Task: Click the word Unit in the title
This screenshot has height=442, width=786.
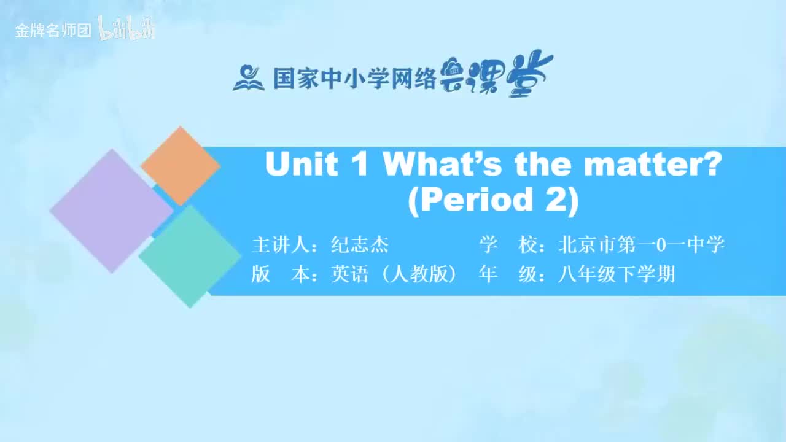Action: coord(301,165)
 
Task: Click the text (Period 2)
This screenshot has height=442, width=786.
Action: coord(493,200)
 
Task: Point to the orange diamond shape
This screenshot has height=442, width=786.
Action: coord(180,166)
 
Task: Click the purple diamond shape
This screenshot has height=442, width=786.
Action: coord(111,211)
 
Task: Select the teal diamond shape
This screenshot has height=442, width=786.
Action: coord(190,256)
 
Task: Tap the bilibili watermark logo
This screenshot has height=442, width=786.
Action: coord(127,29)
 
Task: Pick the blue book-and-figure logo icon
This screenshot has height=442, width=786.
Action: coord(248,78)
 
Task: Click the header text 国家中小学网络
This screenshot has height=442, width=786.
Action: coord(354,79)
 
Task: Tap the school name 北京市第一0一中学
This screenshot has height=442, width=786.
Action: coord(641,245)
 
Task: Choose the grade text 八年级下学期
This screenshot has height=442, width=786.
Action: coord(617,274)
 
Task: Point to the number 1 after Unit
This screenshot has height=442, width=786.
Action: coord(360,165)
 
